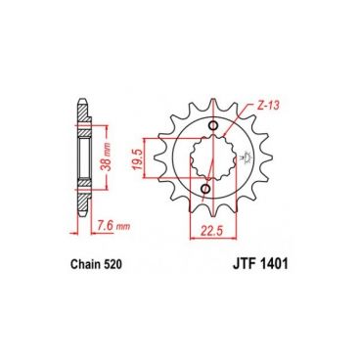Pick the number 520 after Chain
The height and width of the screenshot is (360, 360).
pyautogui.click(x=112, y=264)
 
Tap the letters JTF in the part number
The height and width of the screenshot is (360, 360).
pyautogui.click(x=244, y=264)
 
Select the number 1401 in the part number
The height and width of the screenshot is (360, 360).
pyautogui.click(x=274, y=264)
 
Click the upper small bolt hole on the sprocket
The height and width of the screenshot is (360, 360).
pyautogui.click(x=213, y=125)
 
